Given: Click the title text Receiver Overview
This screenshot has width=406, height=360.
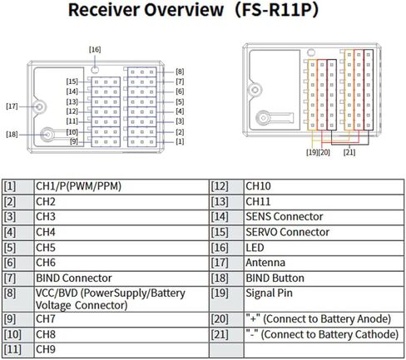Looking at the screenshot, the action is click(146, 10).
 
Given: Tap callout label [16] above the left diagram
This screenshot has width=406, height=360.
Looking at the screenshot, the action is click(95, 50).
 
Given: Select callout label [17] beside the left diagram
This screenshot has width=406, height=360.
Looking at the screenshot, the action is click(12, 106).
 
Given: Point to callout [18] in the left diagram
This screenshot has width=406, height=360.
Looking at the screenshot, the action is click(12, 135).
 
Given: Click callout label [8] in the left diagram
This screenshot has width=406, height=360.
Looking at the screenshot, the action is click(180, 72).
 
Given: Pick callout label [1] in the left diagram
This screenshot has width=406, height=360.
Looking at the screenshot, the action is click(180, 141).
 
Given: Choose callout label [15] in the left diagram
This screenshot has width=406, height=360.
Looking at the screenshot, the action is click(72, 81).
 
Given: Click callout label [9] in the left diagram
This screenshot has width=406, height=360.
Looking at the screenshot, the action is click(73, 141).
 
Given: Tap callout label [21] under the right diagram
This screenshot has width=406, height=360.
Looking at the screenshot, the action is click(349, 152).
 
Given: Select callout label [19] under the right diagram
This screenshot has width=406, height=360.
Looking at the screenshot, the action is click(312, 152).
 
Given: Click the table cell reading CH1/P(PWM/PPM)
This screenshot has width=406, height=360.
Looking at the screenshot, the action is click(121, 186).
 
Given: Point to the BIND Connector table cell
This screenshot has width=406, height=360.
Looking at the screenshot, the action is click(121, 279).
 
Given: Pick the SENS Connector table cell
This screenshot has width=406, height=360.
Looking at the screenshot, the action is click(324, 217).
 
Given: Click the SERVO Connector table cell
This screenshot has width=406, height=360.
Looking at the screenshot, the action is click(324, 232).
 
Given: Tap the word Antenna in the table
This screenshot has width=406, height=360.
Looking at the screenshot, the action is click(265, 263).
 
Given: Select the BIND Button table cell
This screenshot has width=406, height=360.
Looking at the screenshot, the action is click(324, 279).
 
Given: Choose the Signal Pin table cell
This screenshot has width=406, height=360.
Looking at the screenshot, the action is click(324, 299).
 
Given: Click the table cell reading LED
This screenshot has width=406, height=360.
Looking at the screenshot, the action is click(324, 248).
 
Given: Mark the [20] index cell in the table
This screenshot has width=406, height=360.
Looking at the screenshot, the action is click(226, 319).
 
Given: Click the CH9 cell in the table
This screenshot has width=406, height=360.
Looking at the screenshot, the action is click(121, 350).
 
